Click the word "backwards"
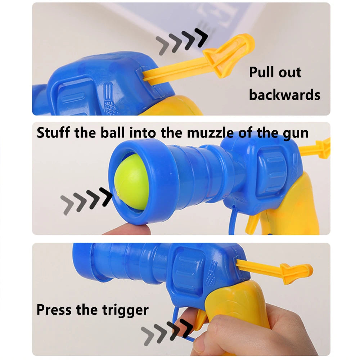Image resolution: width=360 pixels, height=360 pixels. (284, 95)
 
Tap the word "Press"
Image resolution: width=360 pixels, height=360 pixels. (54, 310)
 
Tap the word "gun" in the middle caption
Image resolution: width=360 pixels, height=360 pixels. (295, 133)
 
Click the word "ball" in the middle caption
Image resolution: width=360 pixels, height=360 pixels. (114, 133)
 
